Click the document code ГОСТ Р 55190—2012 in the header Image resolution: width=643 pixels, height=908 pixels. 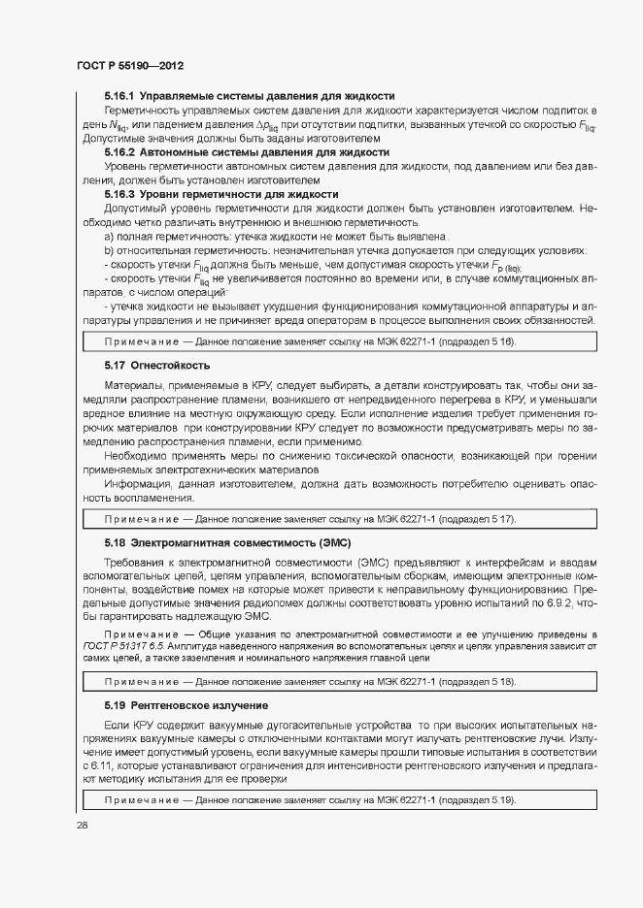(130, 65)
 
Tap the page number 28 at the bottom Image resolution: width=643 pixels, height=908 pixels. (82, 825)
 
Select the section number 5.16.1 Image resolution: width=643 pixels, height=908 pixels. (119, 97)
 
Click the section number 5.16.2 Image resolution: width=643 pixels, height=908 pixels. (119, 152)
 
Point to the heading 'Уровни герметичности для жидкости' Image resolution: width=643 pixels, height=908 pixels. (216, 194)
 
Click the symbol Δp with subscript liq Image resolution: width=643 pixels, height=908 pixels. (265, 125)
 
